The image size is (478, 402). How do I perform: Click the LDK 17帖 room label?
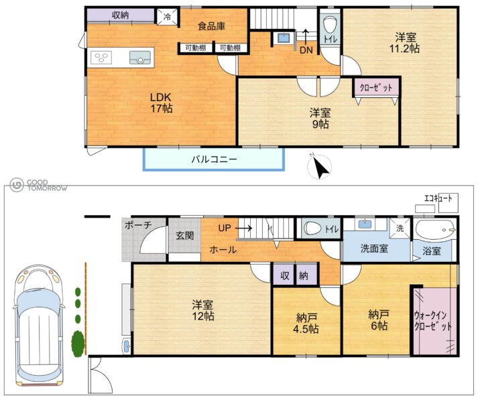[x=162, y=103]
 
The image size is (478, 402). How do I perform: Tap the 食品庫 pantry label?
[x=211, y=26]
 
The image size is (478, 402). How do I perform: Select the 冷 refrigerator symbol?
[x=167, y=17]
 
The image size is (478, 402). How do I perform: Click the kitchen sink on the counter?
[x=140, y=58]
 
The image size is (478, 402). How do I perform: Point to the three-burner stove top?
[x=101, y=58]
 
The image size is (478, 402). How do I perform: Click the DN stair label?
[x=306, y=50]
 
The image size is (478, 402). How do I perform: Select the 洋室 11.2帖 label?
[x=405, y=44]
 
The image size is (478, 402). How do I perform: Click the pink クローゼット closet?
[x=376, y=88]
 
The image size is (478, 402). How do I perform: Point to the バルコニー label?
[x=214, y=159]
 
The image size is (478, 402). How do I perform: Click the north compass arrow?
[x=319, y=166]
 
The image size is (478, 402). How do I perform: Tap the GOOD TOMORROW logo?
[x=38, y=185]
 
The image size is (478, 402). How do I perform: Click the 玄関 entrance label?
[x=184, y=236]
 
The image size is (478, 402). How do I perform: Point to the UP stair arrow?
[x=243, y=228]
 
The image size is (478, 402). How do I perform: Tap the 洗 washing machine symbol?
[x=400, y=228]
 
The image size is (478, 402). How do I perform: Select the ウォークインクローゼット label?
[x=432, y=321]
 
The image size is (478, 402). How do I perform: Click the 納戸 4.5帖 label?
[x=306, y=324]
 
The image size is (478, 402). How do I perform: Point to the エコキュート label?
[x=438, y=199]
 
